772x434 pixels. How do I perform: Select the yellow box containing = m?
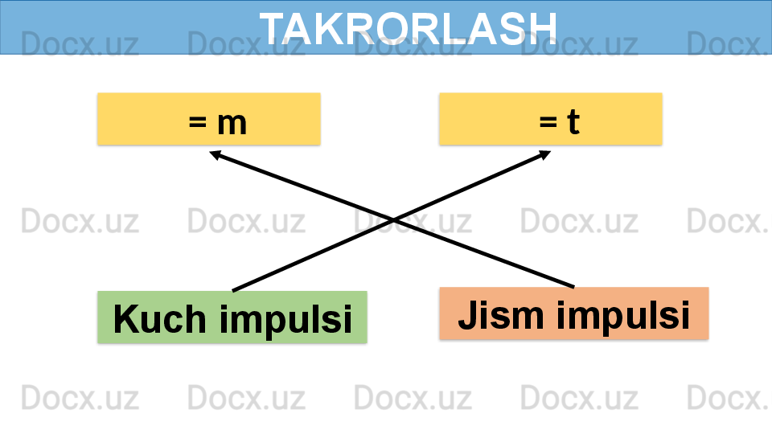[209, 119]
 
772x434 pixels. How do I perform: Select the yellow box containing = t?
[551, 119]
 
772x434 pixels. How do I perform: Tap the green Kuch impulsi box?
[232, 317]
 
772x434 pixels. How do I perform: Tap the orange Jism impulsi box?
[574, 313]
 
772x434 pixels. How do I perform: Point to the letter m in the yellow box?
[231, 123]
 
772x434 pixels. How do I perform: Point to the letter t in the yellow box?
[573, 122]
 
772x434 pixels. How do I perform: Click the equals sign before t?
[548, 123]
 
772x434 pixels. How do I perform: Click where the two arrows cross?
[393, 219]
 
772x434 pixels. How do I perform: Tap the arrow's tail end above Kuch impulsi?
[233, 290]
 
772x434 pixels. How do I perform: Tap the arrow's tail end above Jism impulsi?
[573, 286]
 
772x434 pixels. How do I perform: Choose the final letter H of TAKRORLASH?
[543, 28]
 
